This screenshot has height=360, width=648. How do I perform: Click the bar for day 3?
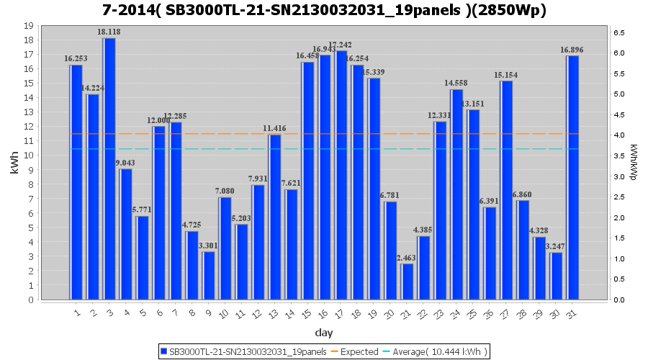(109, 168)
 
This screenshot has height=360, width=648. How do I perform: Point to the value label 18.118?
(109, 32)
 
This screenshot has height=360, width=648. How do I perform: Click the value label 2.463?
(407, 258)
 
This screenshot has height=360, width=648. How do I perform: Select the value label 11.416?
(274, 129)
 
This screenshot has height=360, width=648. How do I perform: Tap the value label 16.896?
(572, 50)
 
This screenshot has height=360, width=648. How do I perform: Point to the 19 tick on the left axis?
(30, 25)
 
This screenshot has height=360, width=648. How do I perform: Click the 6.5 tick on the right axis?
(618, 32)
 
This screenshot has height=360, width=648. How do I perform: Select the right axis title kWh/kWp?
(634, 163)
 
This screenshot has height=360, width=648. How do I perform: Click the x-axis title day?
(324, 333)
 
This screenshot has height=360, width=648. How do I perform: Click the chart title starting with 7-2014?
(324, 11)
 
